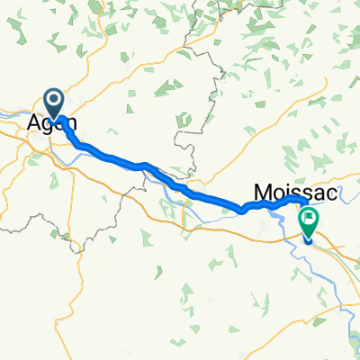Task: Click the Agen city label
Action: point(53,123)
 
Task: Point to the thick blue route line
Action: point(180,186)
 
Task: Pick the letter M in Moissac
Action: point(261,193)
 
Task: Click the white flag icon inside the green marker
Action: point(310,217)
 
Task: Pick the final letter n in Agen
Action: point(69,123)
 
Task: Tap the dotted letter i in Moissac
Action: point(281,193)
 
